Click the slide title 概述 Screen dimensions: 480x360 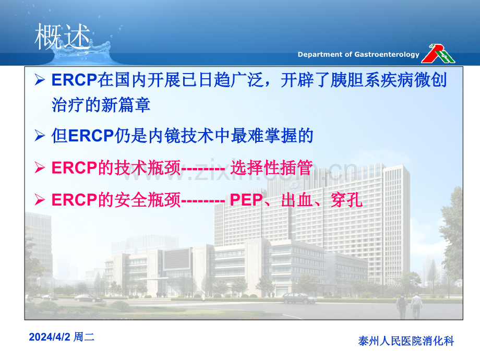[x=63, y=37]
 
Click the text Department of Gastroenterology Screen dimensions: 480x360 [x=358, y=54]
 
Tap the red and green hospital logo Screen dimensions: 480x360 [x=438, y=54]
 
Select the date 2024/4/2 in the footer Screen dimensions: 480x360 [x=50, y=337]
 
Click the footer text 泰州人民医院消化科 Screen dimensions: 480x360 [x=406, y=341]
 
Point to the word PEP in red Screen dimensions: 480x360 [x=246, y=200]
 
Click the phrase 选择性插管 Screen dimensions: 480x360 [x=271, y=168]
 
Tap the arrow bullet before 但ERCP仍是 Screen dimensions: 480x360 [x=40, y=136]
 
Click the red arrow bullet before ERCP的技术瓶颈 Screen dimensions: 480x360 [x=40, y=168]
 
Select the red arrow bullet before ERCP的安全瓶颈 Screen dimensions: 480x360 [x=40, y=200]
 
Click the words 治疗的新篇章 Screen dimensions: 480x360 [x=101, y=105]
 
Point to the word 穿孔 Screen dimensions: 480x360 [x=346, y=200]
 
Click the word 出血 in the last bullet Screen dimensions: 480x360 [x=297, y=200]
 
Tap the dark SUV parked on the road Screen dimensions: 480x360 [x=299, y=298]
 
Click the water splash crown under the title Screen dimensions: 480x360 [x=81, y=54]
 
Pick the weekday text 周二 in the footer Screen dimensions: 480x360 [x=84, y=337]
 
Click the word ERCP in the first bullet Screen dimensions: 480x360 [x=74, y=80]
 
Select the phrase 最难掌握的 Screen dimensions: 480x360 [x=272, y=136]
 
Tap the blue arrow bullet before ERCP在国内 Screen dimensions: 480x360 [x=40, y=80]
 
